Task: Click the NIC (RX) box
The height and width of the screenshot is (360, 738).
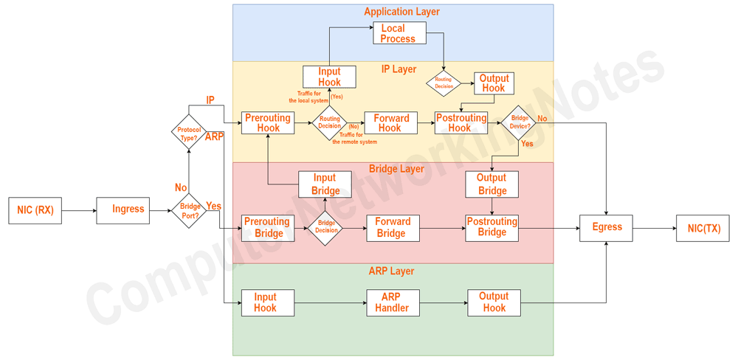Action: tap(35, 210)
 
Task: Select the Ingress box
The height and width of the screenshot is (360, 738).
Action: tap(123, 210)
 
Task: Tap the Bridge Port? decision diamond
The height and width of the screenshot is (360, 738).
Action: tap(188, 211)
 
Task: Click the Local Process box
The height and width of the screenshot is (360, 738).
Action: tap(399, 33)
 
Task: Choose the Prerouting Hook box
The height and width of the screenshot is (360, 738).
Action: tap(268, 122)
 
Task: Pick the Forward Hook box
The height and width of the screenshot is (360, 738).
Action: tap(391, 122)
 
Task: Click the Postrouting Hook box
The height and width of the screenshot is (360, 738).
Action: tap(461, 122)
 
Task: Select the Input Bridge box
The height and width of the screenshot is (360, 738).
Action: tap(325, 184)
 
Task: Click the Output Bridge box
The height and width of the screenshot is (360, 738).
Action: tap(492, 184)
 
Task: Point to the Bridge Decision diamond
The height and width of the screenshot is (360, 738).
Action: tap(325, 228)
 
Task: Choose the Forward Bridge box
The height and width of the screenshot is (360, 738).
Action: tap(393, 228)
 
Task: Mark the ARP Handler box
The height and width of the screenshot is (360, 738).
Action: tap(393, 302)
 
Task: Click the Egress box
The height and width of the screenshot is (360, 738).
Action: tap(606, 228)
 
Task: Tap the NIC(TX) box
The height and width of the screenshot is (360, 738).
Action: tap(703, 228)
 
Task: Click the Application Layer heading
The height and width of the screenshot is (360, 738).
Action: tap(401, 12)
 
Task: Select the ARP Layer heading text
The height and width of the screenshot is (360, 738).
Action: tap(392, 271)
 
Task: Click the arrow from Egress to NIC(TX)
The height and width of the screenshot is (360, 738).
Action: tap(655, 228)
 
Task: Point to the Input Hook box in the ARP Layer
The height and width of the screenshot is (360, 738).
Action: tap(268, 302)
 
